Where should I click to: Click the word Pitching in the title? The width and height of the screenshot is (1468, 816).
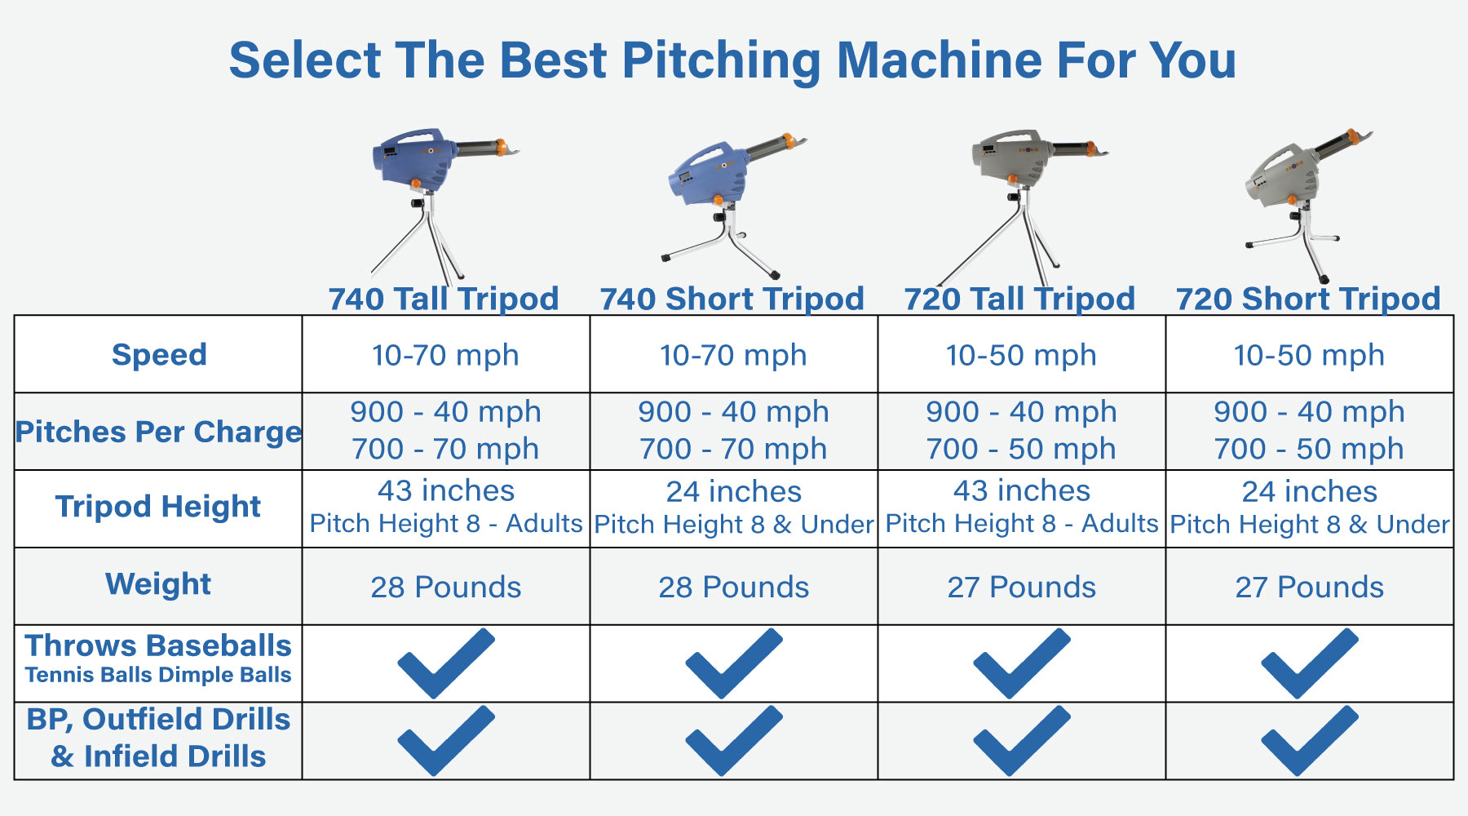click(x=720, y=60)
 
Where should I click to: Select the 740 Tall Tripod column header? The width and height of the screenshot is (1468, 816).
click(x=444, y=299)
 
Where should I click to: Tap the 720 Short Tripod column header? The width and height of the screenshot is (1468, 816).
click(x=1308, y=299)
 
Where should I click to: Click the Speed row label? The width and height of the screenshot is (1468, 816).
click(x=159, y=355)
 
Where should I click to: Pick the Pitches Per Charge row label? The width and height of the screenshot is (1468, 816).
click(x=159, y=432)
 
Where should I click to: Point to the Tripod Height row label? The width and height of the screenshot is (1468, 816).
click(x=158, y=507)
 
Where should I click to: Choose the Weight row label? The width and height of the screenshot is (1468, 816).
click(x=158, y=584)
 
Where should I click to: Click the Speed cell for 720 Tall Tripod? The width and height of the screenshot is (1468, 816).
click(x=1021, y=356)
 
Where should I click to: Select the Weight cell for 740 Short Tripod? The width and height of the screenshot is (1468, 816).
click(x=733, y=588)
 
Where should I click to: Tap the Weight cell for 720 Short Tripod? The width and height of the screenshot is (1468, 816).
click(x=1309, y=588)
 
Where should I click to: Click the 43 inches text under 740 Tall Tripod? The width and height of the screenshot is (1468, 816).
click(x=446, y=491)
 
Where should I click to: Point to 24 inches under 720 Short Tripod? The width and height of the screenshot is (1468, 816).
click(x=1309, y=492)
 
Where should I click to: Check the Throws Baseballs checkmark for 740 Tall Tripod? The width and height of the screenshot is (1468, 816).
click(x=446, y=663)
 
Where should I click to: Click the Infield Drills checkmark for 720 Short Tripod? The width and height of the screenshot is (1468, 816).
click(x=1309, y=740)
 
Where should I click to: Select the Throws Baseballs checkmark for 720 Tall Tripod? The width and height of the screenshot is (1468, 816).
click(x=1021, y=663)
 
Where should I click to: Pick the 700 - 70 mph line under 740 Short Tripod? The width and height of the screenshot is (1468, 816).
click(x=733, y=449)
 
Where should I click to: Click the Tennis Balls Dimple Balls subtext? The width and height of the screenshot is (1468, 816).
click(x=158, y=676)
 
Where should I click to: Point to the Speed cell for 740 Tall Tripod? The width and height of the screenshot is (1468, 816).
click(x=445, y=356)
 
